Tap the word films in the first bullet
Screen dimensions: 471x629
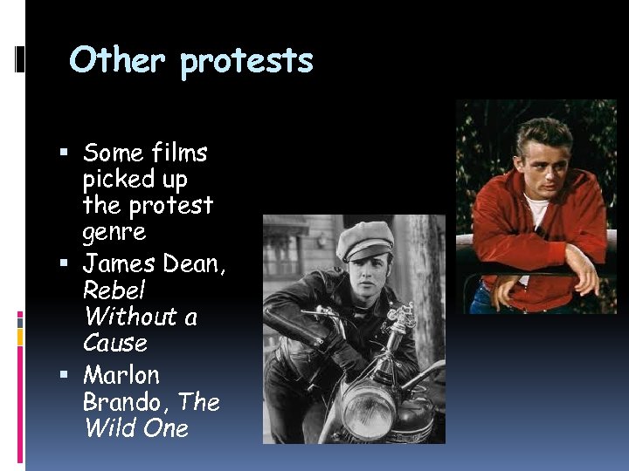pos(178,154)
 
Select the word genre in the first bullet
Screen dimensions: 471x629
pos(114,233)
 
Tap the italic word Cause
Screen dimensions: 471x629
pos(114,343)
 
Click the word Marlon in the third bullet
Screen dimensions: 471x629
pos(121,375)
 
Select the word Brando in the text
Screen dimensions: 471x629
pos(126,402)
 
